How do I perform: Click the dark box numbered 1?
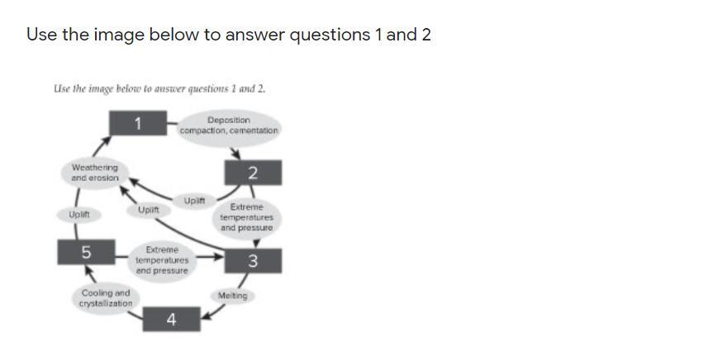pos(138,124)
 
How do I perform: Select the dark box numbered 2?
pos(252,173)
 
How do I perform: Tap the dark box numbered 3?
pos(253,261)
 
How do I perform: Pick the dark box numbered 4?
pos(171,319)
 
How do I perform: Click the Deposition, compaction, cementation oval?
pos(229,126)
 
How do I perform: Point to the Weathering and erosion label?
pos(94,173)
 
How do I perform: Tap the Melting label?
pos(232,296)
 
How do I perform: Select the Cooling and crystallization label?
pos(106,298)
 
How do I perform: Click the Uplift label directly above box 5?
pos(79,215)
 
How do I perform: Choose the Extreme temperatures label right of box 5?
pos(162,260)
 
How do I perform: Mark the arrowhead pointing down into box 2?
pos(236,154)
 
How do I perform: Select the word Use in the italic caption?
pos(60,88)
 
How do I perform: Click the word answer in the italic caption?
pos(166,88)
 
